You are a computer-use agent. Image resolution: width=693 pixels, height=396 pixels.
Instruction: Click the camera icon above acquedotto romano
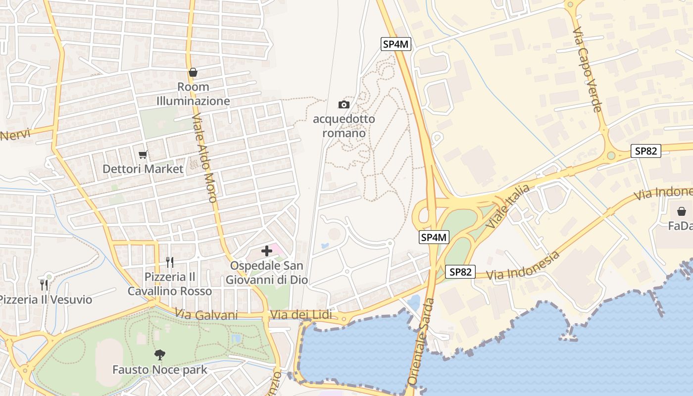(344, 104)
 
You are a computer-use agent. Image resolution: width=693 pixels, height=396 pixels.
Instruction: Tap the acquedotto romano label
(344, 126)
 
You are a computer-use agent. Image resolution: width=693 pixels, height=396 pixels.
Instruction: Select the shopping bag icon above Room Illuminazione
(193, 73)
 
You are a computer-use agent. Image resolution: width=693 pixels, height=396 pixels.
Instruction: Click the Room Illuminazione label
(193, 94)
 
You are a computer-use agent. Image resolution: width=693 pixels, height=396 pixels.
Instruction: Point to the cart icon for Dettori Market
(143, 155)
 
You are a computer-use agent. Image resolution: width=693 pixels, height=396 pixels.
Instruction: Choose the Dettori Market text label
(143, 169)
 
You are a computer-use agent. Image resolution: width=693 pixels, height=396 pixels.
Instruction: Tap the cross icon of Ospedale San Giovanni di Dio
(267, 251)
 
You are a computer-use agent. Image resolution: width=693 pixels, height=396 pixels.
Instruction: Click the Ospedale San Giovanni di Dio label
(267, 273)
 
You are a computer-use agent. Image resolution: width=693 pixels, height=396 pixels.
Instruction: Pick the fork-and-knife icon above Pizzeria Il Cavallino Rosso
(170, 262)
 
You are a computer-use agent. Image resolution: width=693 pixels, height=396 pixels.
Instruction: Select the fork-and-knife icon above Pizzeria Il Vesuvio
(44, 285)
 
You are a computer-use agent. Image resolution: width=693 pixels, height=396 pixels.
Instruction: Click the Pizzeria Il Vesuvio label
(45, 299)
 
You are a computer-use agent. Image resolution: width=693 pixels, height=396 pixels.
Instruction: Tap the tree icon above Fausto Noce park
(159, 354)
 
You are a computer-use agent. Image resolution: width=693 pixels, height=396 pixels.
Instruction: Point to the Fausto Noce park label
(159, 370)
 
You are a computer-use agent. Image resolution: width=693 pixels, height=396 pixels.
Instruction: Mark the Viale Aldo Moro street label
(204, 159)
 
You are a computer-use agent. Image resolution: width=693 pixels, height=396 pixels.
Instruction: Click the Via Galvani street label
(206, 315)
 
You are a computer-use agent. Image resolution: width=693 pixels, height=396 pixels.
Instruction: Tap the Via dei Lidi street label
(301, 315)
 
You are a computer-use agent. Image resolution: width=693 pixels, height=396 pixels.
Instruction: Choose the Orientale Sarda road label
(421, 341)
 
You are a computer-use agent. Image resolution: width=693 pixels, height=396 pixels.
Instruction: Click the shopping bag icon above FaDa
(682, 211)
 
